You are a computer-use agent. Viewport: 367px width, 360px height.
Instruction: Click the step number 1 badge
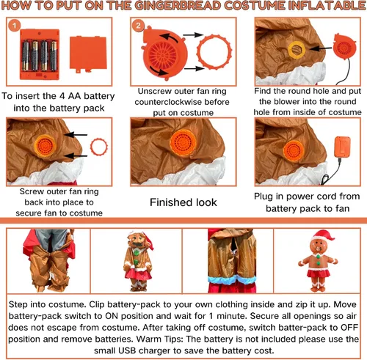coord(14,26)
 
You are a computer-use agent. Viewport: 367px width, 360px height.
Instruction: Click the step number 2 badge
coord(138,26)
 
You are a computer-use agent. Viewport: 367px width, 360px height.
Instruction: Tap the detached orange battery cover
coord(88,54)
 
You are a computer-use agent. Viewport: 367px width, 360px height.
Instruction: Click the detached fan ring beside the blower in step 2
coord(214,52)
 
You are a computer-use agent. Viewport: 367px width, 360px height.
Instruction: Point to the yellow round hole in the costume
coord(297,50)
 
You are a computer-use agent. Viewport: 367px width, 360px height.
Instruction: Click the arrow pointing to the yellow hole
coord(320,48)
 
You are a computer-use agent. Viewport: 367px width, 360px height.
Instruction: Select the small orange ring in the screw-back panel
coord(99,147)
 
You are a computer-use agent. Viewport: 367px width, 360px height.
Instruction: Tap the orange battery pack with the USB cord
coord(342,147)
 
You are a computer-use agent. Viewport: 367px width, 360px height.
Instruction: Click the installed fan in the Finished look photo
coord(183,143)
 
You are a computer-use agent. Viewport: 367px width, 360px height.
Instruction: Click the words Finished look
coord(183,202)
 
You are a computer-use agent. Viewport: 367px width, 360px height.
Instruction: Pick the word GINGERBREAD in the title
coord(178,6)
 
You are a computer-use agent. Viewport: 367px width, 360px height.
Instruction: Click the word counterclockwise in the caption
coord(168,102)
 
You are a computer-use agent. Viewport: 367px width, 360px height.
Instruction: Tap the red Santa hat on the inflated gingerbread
coord(323,236)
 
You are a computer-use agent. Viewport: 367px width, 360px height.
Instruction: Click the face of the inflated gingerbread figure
coord(319,246)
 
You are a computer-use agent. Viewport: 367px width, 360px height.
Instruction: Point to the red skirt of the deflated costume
coord(139,274)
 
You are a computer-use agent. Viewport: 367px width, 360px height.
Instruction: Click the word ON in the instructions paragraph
coord(111,316)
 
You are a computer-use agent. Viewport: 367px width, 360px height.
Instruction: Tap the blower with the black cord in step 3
coord(344,47)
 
